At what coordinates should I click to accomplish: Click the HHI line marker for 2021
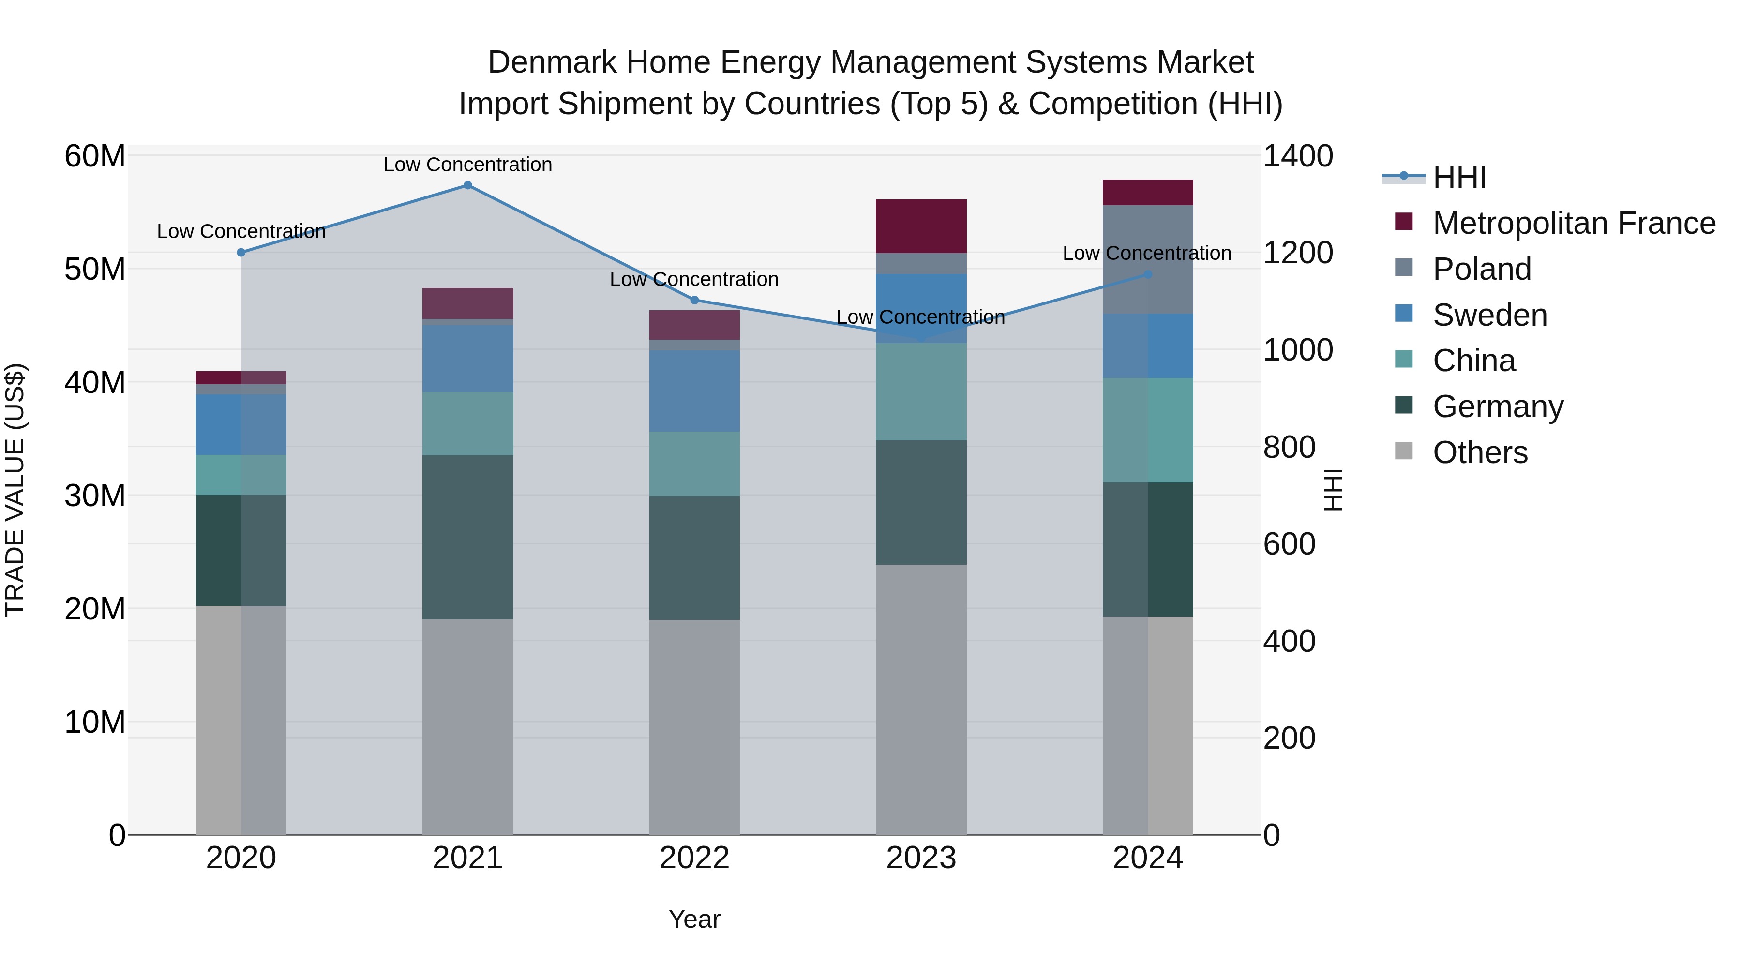[467, 185]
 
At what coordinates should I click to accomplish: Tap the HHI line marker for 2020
[241, 252]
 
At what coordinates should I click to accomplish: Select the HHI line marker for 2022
[694, 300]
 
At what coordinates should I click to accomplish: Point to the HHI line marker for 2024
[1148, 274]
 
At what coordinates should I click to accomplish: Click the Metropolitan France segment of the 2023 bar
[921, 226]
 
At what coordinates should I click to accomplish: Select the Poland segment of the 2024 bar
[1148, 260]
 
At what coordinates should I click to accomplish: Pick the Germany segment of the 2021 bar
[467, 538]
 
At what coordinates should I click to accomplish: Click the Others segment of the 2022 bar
[694, 727]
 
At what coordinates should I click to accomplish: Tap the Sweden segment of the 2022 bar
[694, 391]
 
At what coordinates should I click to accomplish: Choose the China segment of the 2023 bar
[921, 392]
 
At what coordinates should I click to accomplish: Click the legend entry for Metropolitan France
[1574, 223]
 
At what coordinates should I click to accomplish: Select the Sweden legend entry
[1490, 315]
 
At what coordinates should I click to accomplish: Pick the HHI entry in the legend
[1459, 177]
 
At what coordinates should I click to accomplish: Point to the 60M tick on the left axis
[95, 156]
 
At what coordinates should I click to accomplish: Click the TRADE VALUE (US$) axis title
[15, 490]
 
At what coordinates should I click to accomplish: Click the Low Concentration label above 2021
[467, 165]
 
